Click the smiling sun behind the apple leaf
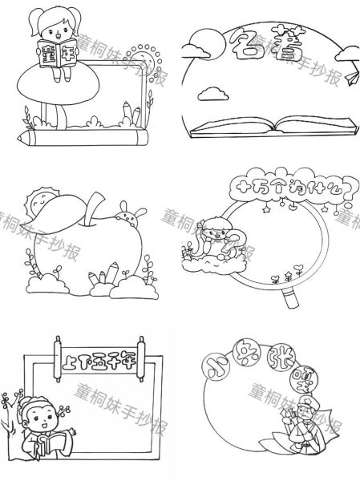(40, 200)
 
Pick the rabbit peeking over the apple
(127, 212)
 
